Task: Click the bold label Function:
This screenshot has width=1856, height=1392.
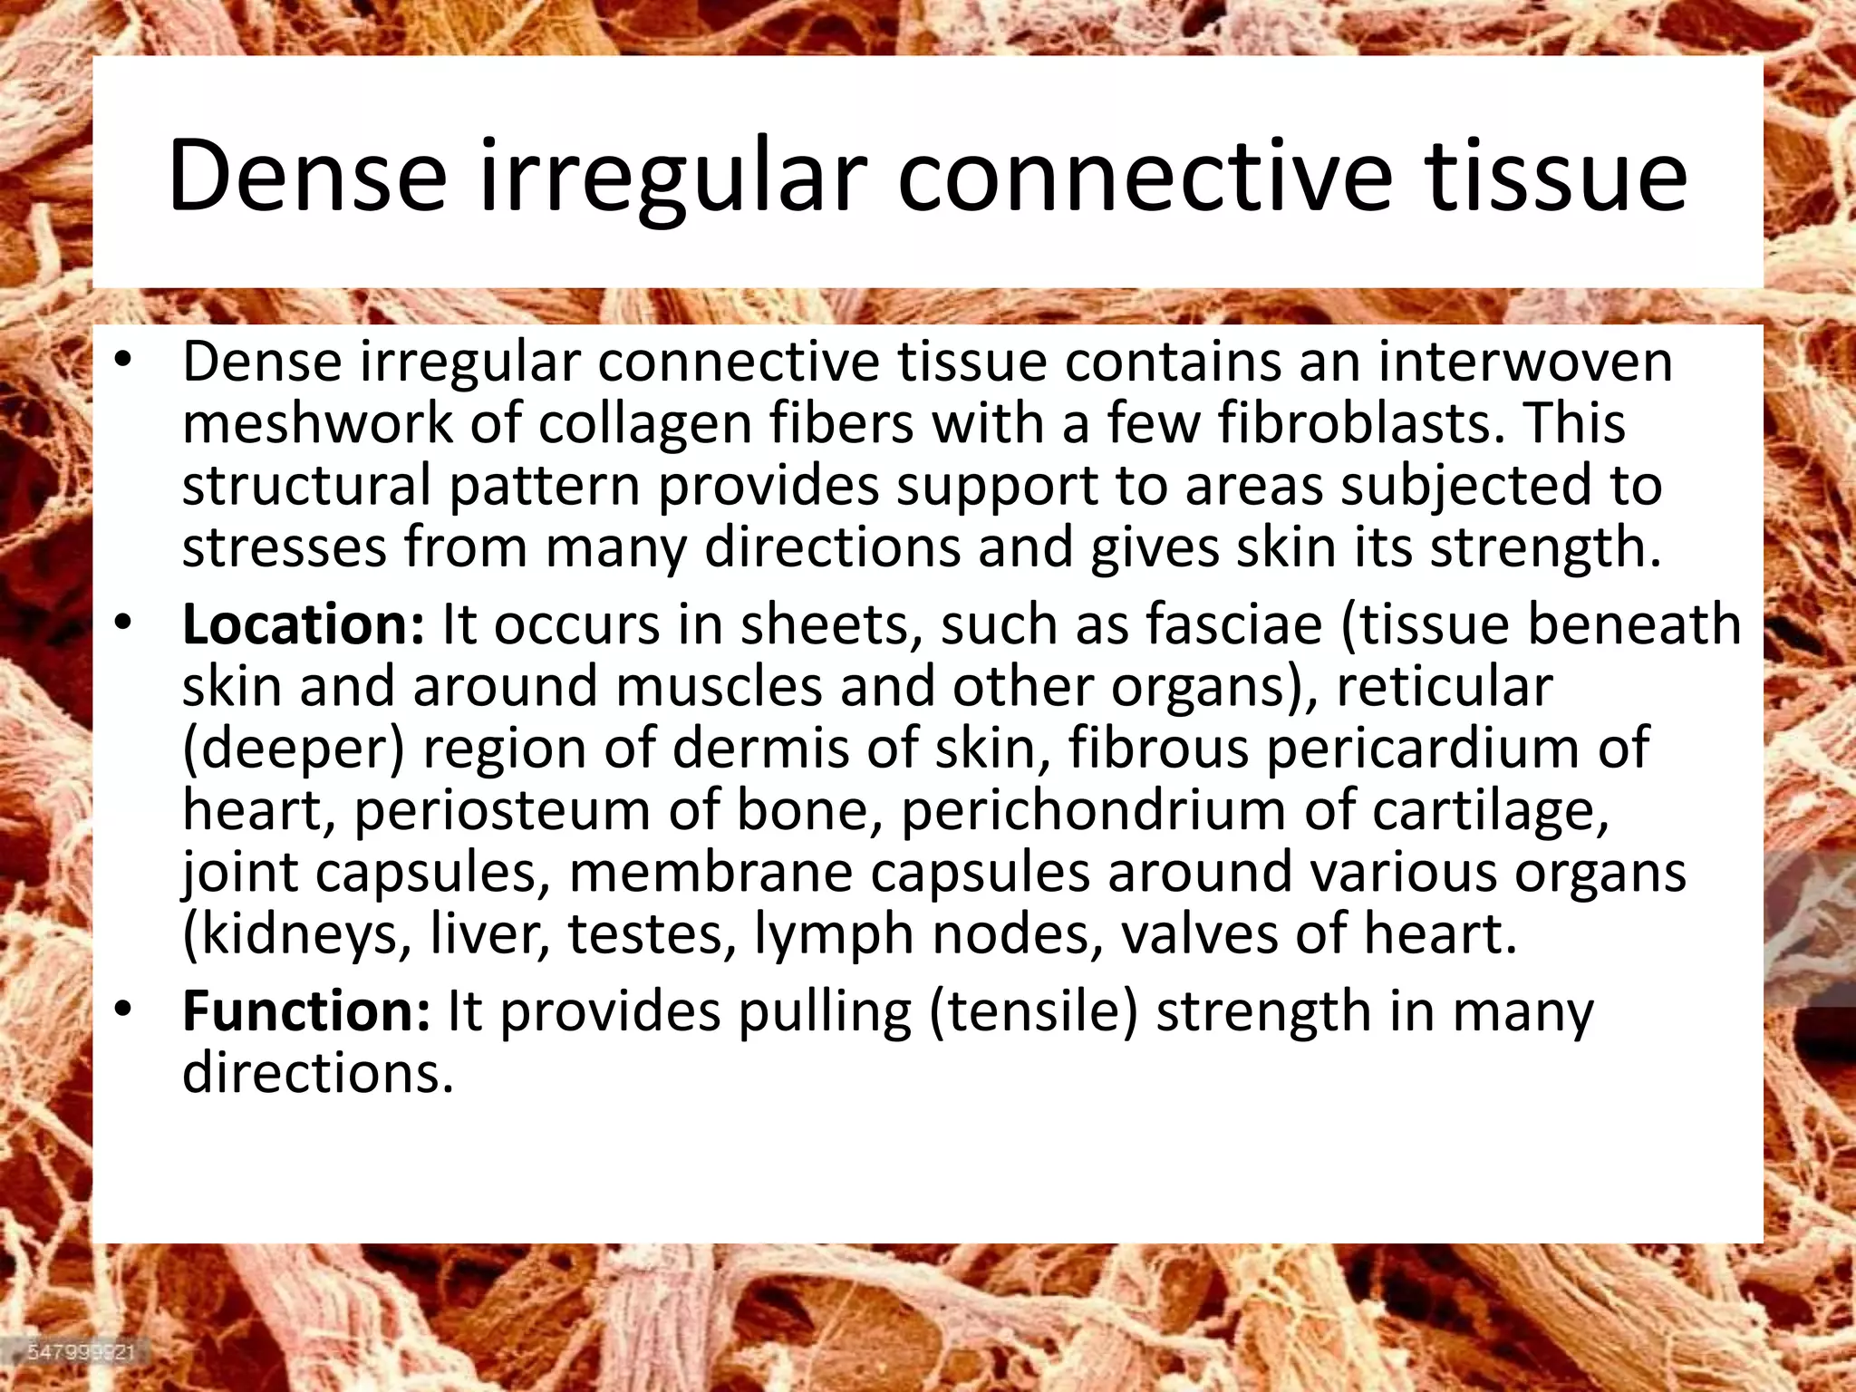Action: pyautogui.click(x=305, y=1011)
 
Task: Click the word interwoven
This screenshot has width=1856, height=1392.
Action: pyautogui.click(x=1525, y=362)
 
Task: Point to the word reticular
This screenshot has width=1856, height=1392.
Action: pyautogui.click(x=1445, y=686)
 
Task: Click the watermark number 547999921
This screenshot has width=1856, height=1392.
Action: pyautogui.click(x=81, y=1352)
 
